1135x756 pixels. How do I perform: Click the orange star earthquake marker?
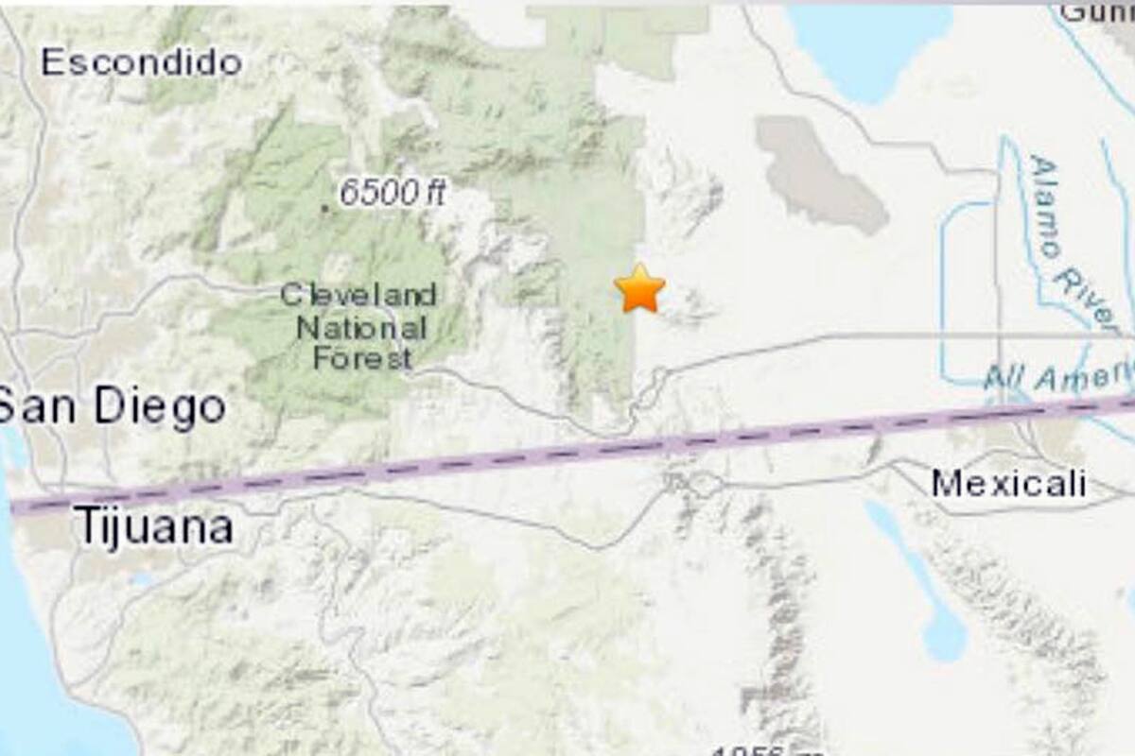click(x=639, y=289)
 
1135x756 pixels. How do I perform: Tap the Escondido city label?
click(x=142, y=63)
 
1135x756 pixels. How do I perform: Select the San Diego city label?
click(x=112, y=408)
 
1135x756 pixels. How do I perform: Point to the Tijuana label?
click(x=154, y=526)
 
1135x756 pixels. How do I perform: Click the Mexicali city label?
click(x=1008, y=484)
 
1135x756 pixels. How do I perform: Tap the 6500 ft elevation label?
click(x=392, y=194)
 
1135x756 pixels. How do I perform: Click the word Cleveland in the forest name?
click(x=358, y=295)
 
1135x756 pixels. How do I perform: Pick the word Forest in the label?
click(x=362, y=358)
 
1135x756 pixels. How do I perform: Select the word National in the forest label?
click(x=360, y=327)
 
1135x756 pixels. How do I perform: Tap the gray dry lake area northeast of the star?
click(x=819, y=176)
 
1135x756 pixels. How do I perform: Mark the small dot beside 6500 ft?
click(x=324, y=207)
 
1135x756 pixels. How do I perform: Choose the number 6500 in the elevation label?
click(x=373, y=194)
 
